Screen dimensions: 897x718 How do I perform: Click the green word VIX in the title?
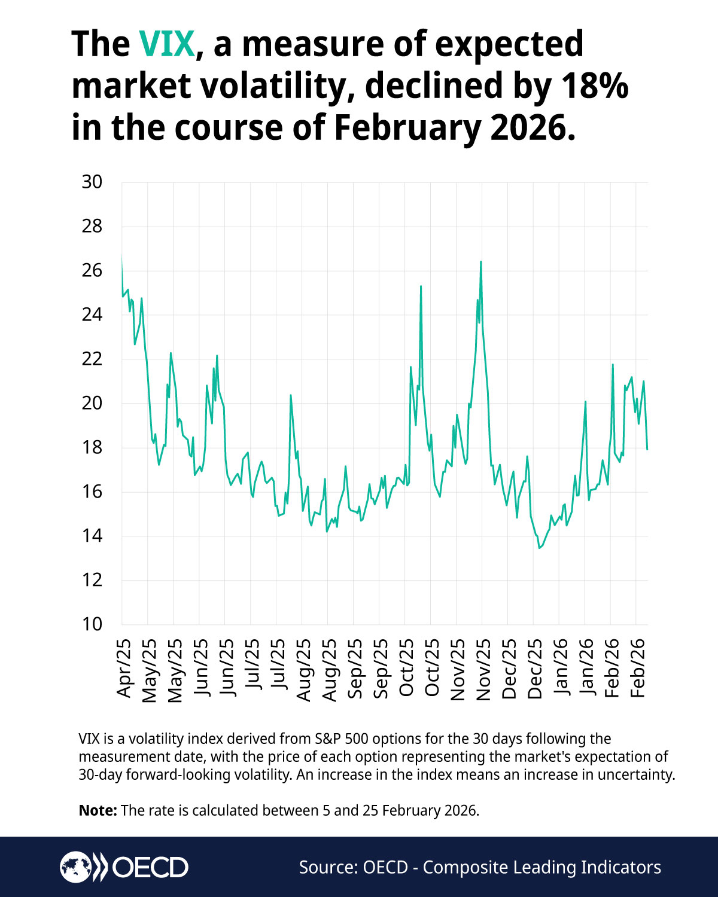[x=167, y=44]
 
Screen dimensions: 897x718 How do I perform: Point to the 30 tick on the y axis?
[x=92, y=182]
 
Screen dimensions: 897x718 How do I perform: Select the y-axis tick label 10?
[x=92, y=624]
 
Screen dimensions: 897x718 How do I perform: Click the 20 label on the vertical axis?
[x=92, y=403]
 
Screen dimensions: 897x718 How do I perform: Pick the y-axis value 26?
[x=92, y=270]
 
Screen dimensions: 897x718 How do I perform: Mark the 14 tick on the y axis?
[x=92, y=536]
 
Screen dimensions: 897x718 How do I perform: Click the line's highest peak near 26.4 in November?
[x=481, y=262]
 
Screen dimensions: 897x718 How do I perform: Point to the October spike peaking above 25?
[x=421, y=286]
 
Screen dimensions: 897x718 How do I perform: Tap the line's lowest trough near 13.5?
[x=539, y=548]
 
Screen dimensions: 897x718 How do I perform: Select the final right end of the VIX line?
[x=647, y=448]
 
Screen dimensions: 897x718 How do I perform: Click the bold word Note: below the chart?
[x=98, y=811]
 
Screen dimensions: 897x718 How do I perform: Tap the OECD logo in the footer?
[x=124, y=867]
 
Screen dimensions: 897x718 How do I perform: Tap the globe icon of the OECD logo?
[x=75, y=867]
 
